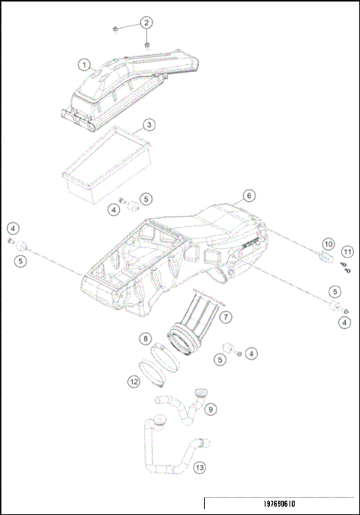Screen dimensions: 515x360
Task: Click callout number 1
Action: point(85,64)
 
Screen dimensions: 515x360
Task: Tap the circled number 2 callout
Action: point(146,22)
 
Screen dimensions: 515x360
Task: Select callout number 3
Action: point(149,124)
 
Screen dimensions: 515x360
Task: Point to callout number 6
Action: point(249,196)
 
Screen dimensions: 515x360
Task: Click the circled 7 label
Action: point(226,318)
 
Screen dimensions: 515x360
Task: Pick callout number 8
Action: point(145,340)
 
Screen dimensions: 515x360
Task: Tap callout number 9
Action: point(211,409)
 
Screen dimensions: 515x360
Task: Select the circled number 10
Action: point(328,244)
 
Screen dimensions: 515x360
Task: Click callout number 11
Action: point(346,251)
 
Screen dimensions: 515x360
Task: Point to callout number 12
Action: point(133,381)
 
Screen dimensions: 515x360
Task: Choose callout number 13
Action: point(199,468)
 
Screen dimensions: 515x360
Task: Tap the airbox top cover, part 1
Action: point(127,86)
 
